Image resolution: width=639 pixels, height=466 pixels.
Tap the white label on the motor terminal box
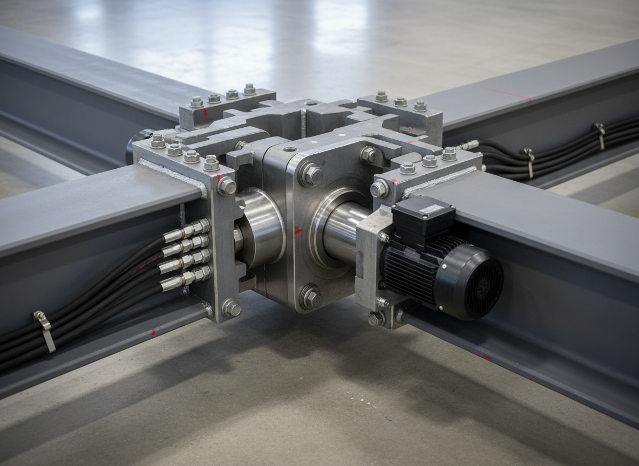431,209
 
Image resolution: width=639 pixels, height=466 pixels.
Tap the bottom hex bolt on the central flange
311,297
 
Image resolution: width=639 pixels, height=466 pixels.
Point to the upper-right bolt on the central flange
369,155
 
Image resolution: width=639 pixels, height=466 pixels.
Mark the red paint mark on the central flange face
297,231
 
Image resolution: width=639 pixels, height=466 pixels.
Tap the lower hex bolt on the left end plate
231,308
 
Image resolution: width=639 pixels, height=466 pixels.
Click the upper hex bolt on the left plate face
227,186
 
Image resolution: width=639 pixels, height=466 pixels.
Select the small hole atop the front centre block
290,149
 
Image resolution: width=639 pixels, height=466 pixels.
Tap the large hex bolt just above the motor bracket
379,188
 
